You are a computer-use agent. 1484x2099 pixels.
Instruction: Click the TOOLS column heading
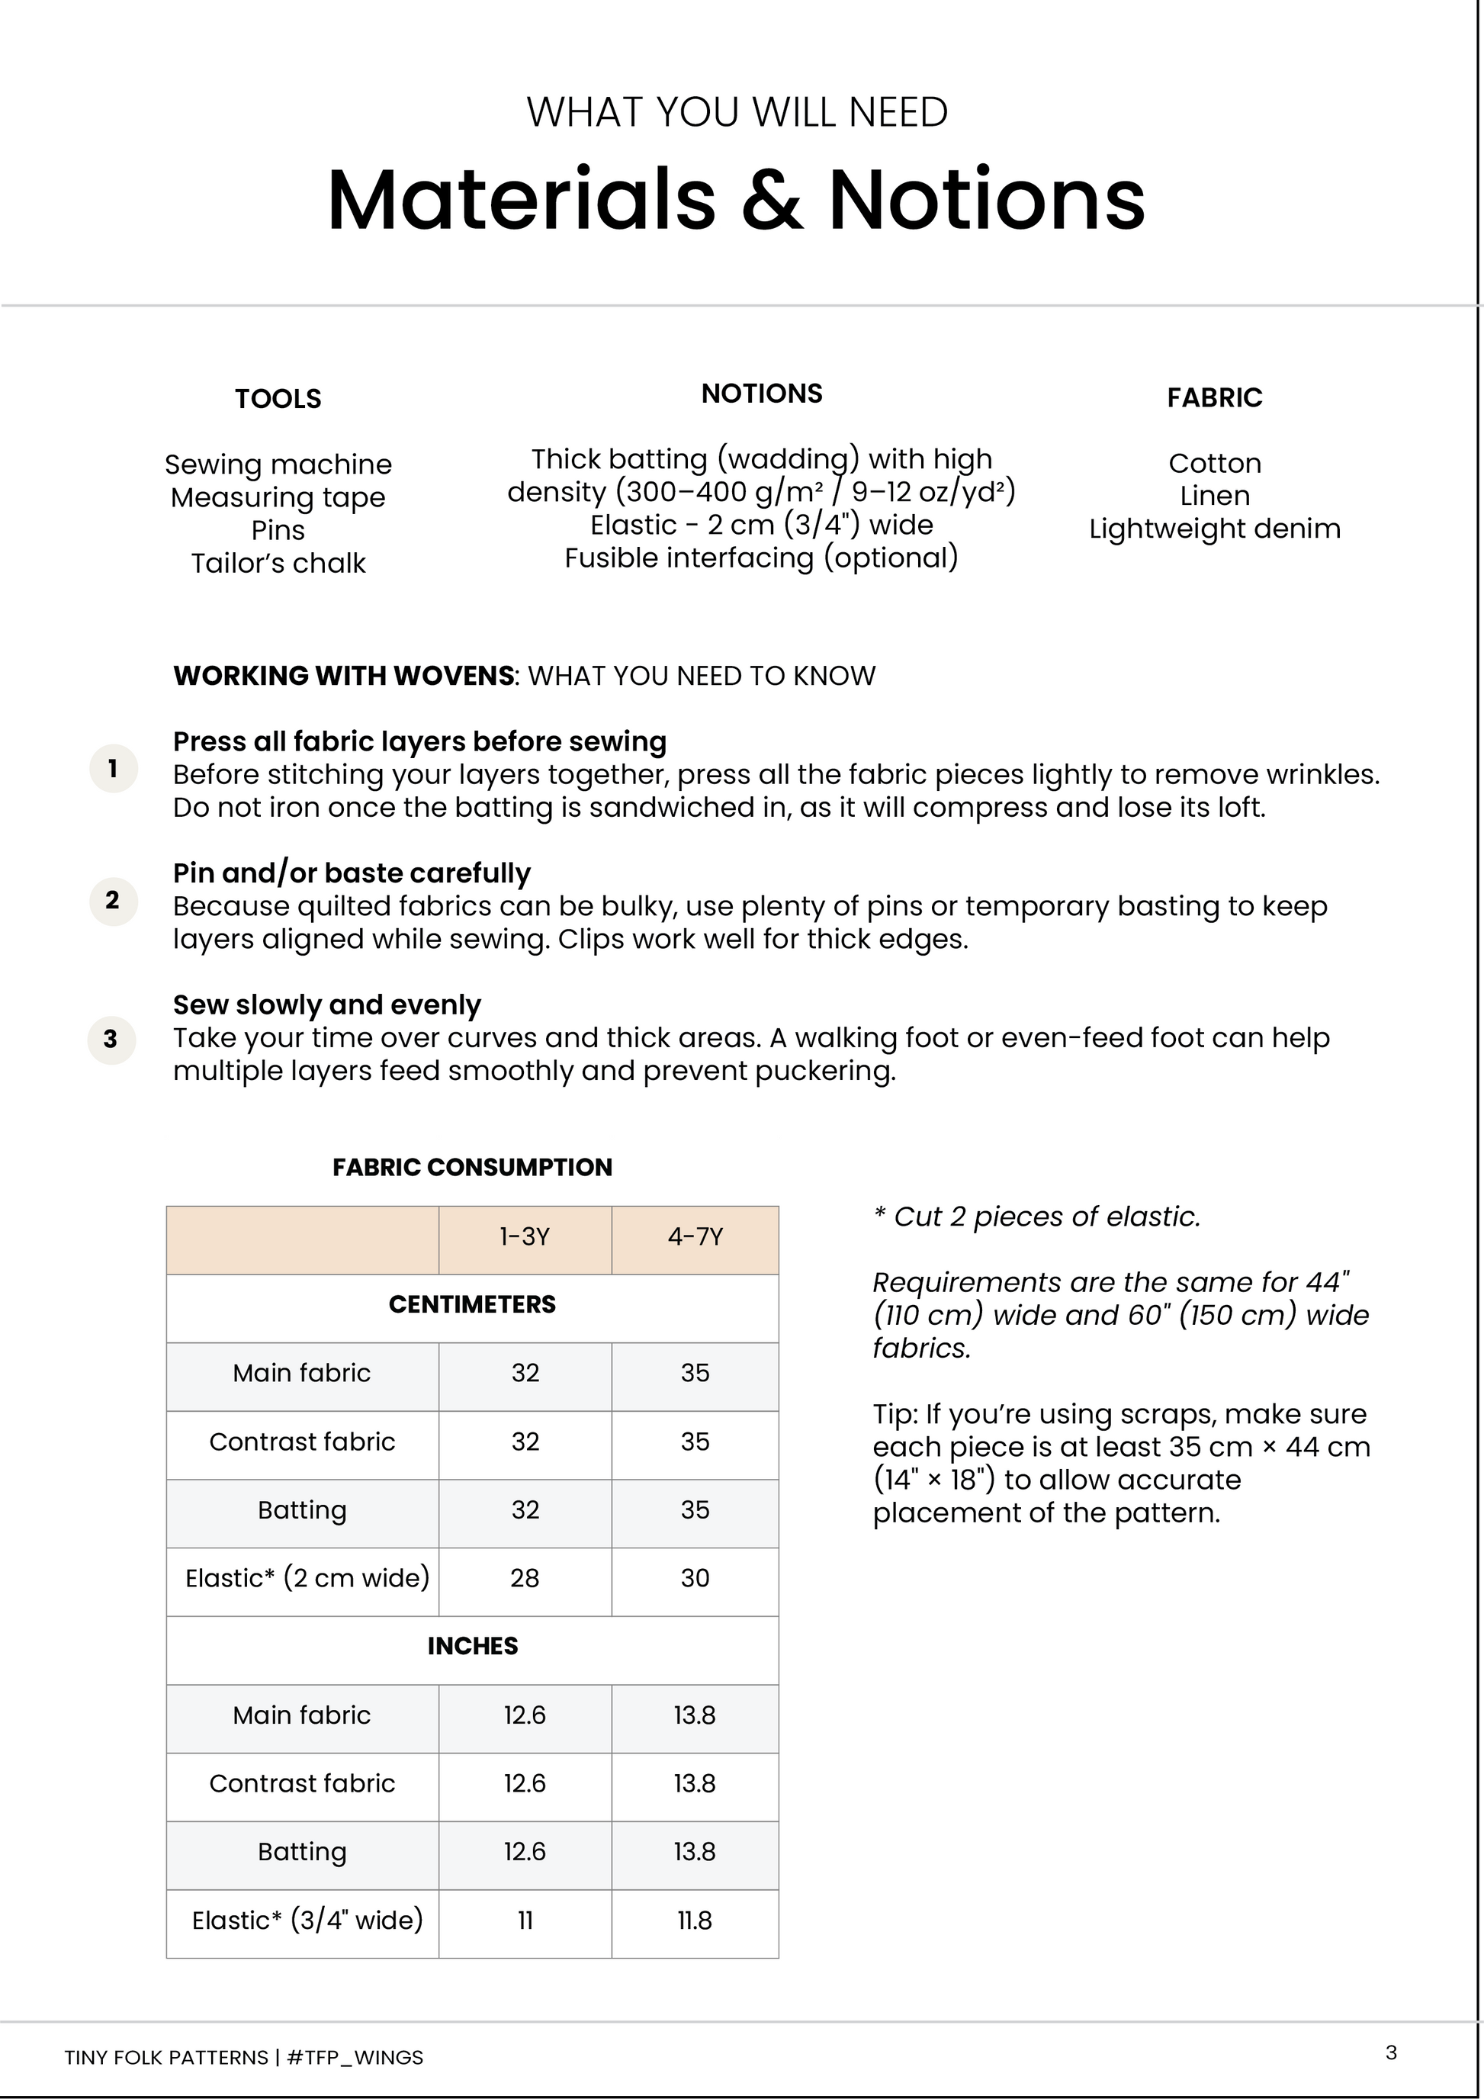tap(278, 399)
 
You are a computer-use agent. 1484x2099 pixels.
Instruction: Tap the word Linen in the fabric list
tap(1215, 496)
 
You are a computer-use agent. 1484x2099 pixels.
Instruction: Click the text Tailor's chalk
tap(278, 563)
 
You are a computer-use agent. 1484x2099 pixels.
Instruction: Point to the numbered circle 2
tap(112, 901)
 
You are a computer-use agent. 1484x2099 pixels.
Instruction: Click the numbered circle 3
tap(111, 1040)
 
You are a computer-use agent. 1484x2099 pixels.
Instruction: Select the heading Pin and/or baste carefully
tap(352, 873)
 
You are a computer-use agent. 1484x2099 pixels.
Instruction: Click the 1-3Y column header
tap(525, 1237)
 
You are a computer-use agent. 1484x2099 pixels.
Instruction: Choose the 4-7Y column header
tap(695, 1237)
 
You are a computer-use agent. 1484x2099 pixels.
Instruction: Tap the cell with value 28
tap(525, 1578)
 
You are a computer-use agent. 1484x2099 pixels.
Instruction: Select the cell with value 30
tap(695, 1578)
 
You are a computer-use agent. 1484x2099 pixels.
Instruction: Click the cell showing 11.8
tap(695, 1920)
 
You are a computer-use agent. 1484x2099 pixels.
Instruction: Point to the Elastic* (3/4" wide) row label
tap(307, 1920)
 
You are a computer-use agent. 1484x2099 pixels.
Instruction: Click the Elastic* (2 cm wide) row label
tap(307, 1578)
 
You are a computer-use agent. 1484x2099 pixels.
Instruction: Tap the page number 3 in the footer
tap(1391, 2052)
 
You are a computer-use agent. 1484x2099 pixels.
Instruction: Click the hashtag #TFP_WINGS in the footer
tap(355, 2057)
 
